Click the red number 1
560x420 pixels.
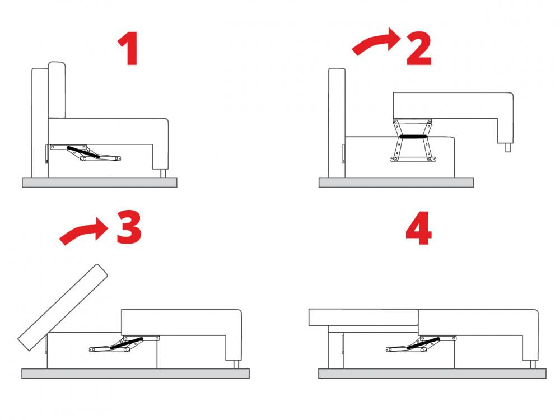[129, 49]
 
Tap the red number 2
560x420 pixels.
[419, 49]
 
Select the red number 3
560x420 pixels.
[129, 227]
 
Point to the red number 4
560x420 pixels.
[418, 228]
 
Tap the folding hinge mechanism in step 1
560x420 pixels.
[85, 152]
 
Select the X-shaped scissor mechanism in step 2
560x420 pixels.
[413, 140]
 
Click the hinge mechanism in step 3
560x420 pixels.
[124, 344]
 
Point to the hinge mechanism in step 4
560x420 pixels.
[421, 344]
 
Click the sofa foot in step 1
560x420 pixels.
[163, 173]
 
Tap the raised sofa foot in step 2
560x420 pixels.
[508, 147]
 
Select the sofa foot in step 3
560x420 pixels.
[236, 365]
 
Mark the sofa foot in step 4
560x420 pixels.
[533, 365]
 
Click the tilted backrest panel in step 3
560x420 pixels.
[63, 307]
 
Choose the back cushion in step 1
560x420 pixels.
[57, 90]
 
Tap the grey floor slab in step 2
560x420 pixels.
[396, 183]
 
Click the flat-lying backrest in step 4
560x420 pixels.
[363, 318]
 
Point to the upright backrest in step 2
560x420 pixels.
[337, 123]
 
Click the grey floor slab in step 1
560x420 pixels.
[99, 183]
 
